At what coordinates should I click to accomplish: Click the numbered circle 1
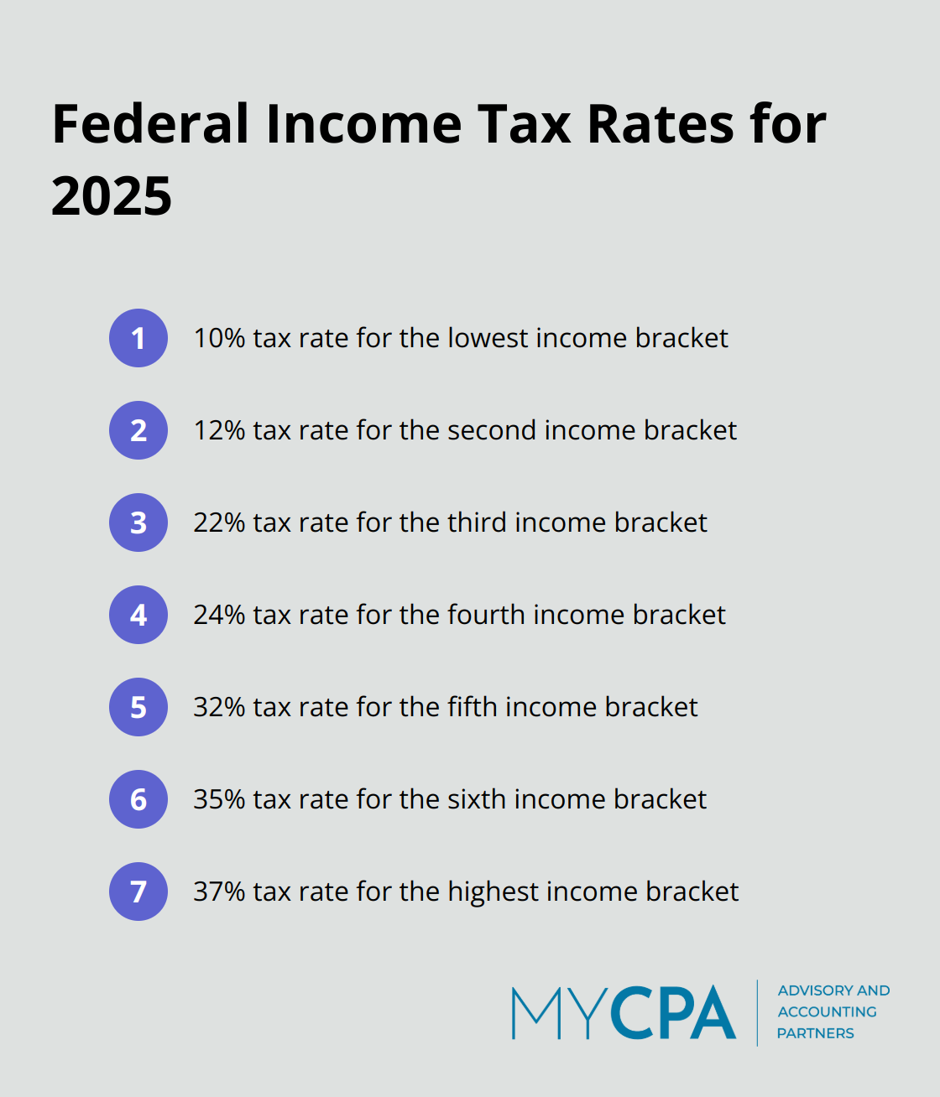(138, 338)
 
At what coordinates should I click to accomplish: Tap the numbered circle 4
(138, 615)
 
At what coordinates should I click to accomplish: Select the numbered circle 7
(138, 892)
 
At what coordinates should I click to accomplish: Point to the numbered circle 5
(138, 707)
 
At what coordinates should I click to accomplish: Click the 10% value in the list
(219, 338)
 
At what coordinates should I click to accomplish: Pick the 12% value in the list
(219, 430)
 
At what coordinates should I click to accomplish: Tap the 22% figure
(219, 523)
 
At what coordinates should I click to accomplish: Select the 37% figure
(219, 892)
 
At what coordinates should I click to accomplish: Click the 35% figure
(219, 799)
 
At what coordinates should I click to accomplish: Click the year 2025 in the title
(112, 196)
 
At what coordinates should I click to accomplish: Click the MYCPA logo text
(624, 1012)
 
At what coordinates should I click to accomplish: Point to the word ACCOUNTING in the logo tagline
(827, 1012)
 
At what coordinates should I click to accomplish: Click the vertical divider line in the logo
(757, 1012)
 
